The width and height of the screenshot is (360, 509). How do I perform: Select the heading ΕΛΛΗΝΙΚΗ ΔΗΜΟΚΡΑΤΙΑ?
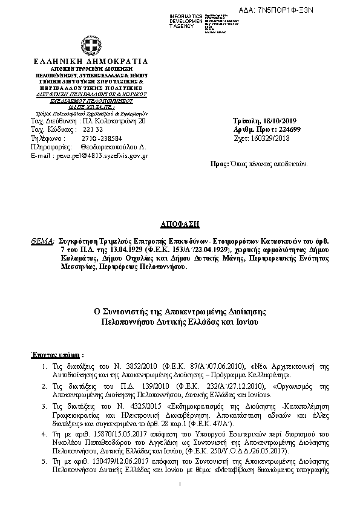[x=90, y=62]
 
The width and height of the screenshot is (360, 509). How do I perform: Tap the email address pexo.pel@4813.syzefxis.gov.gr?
[x=90, y=155]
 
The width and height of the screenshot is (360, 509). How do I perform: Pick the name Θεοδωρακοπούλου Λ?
[x=106, y=146]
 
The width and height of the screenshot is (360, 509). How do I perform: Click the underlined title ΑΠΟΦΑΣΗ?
[x=180, y=223]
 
